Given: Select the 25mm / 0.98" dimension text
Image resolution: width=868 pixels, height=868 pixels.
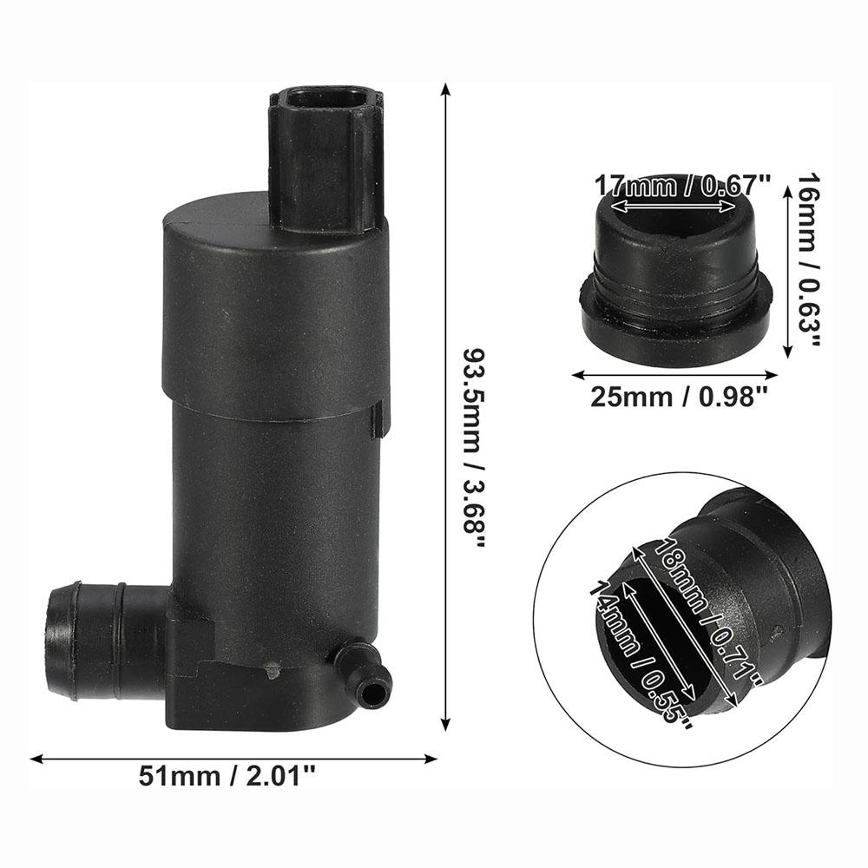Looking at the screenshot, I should coord(680,398).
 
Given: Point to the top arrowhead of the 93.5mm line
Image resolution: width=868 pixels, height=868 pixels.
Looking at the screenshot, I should coord(446,88).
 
